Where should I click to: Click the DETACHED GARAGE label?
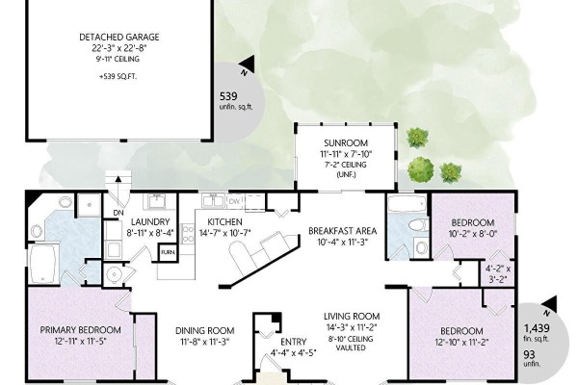(x=119, y=37)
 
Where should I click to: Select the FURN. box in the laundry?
(x=168, y=253)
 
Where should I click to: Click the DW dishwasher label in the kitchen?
(x=234, y=201)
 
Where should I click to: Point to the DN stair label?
(x=118, y=213)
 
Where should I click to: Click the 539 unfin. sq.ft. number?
(x=228, y=96)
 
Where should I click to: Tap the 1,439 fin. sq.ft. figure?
(x=537, y=327)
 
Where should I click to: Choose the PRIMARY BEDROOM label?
(x=80, y=330)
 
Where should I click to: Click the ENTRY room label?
(x=294, y=342)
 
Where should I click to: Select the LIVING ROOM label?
(x=352, y=316)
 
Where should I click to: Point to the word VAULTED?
(x=351, y=347)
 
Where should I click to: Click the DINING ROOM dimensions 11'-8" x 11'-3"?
(x=204, y=342)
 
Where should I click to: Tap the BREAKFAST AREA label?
(x=342, y=231)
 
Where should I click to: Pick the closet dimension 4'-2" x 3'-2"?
(x=499, y=273)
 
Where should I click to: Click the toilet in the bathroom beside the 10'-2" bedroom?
(x=419, y=224)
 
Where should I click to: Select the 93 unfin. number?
(x=529, y=354)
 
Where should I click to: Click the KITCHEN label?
(x=224, y=221)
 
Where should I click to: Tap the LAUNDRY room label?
(x=150, y=221)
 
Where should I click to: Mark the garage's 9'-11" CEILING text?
(x=118, y=59)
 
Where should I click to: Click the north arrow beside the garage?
(x=248, y=64)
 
